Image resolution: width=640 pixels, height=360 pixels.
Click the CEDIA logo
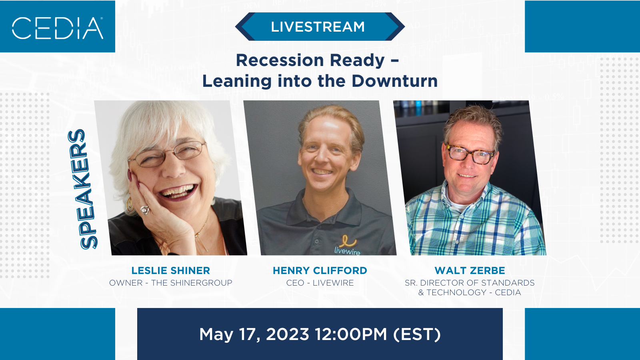tap(58, 28)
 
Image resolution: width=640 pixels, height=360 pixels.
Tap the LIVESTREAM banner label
tap(318, 27)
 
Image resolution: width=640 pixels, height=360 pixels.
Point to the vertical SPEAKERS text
tap(82, 190)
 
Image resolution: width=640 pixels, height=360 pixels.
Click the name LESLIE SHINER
tap(170, 270)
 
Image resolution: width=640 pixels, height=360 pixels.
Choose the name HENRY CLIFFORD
tap(320, 270)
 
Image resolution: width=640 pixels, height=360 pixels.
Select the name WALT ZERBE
tap(470, 270)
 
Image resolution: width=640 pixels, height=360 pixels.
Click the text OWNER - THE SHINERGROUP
tap(170, 283)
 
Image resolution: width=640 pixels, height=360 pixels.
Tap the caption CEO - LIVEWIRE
tap(320, 283)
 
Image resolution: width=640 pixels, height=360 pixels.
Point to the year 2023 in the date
tap(288, 334)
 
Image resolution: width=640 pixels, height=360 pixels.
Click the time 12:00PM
tap(351, 334)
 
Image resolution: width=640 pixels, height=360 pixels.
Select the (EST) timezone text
tap(417, 334)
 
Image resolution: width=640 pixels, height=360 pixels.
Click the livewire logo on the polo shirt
tap(348, 245)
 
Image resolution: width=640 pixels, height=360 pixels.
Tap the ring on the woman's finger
tap(145, 210)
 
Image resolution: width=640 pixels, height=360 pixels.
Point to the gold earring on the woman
tap(130, 203)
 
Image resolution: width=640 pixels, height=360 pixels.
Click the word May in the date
tap(216, 335)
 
